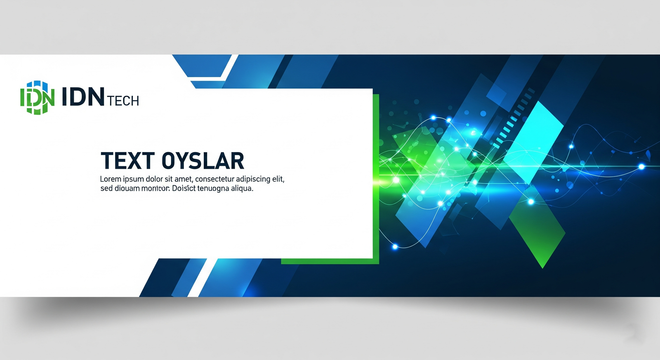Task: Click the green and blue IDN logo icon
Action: click(37, 97)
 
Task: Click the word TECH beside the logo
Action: click(123, 101)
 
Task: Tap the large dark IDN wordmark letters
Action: click(83, 96)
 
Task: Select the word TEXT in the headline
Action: click(127, 160)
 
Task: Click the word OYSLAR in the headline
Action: click(203, 160)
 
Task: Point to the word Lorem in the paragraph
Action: click(111, 179)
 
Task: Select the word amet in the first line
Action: click(184, 179)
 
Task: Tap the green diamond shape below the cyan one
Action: click(537, 226)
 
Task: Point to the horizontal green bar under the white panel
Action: click(330, 261)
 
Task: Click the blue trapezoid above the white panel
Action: click(203, 66)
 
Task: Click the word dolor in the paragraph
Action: click(155, 179)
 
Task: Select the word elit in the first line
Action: click(278, 179)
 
